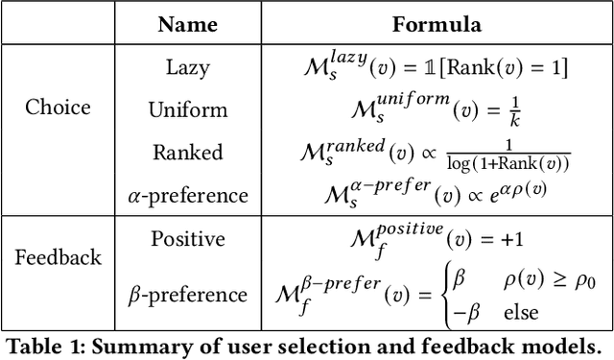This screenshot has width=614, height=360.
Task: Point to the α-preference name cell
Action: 188,196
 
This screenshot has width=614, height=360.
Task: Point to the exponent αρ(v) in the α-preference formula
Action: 522,188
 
